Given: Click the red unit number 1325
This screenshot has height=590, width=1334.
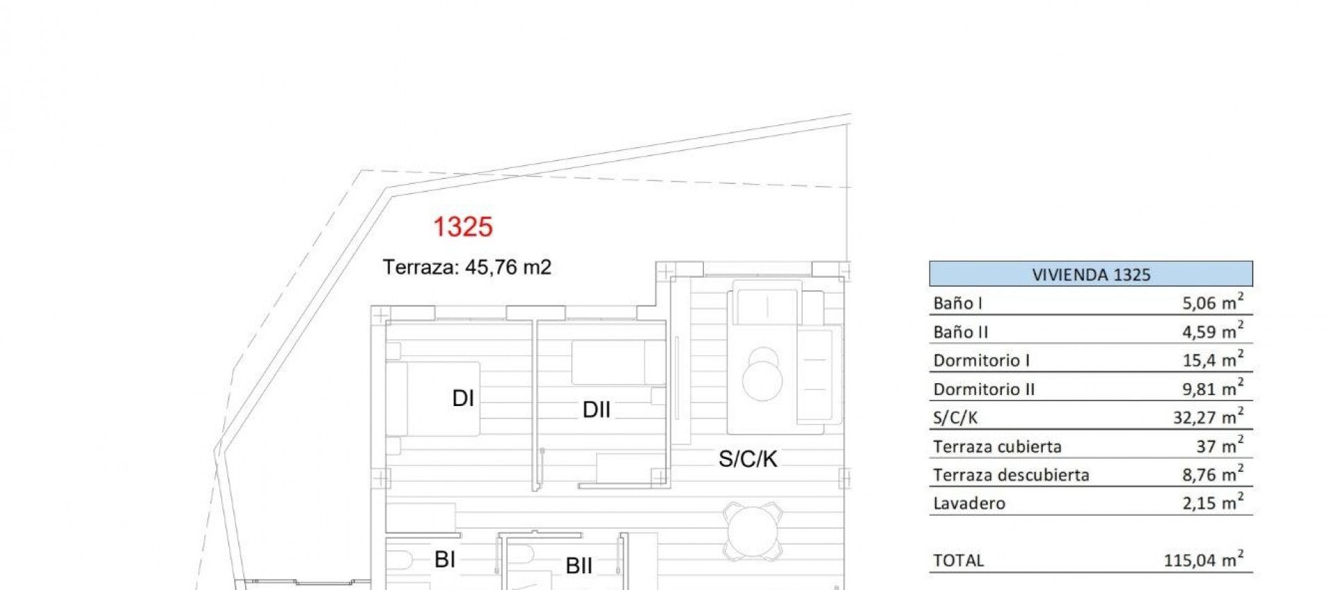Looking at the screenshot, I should coord(463,227).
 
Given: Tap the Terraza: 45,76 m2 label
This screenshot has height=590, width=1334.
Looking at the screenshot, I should coord(467,267).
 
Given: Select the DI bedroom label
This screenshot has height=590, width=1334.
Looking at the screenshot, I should coord(463,398).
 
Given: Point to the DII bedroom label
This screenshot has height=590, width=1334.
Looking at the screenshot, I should coord(596,410).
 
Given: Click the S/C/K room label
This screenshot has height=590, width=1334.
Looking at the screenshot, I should coord(748,459).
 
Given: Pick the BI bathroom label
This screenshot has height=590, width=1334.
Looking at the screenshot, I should coord(445,559).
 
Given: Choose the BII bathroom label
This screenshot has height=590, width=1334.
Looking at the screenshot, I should coord(579,566).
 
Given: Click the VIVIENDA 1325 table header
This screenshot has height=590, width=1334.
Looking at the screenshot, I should coord(1091,274).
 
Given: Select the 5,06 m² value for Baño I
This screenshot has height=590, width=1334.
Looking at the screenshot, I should coord(1212,303).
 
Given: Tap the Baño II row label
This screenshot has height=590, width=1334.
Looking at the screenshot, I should coord(960,332).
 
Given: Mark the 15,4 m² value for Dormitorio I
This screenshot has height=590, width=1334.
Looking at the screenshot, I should coord(1212,360).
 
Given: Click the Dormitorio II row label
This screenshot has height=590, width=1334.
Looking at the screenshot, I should coord(984,389).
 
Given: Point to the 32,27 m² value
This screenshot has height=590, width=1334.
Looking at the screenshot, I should coord(1208,417).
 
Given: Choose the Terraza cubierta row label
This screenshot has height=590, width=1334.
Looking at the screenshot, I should coord(997,447).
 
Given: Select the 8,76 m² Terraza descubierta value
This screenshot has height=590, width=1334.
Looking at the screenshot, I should coord(1212,475).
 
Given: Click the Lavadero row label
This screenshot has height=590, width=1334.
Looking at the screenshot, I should coord(969,503).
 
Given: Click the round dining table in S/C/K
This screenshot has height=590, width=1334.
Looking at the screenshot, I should coord(752,531).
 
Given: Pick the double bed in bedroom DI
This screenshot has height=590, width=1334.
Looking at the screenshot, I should coord(434,398).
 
